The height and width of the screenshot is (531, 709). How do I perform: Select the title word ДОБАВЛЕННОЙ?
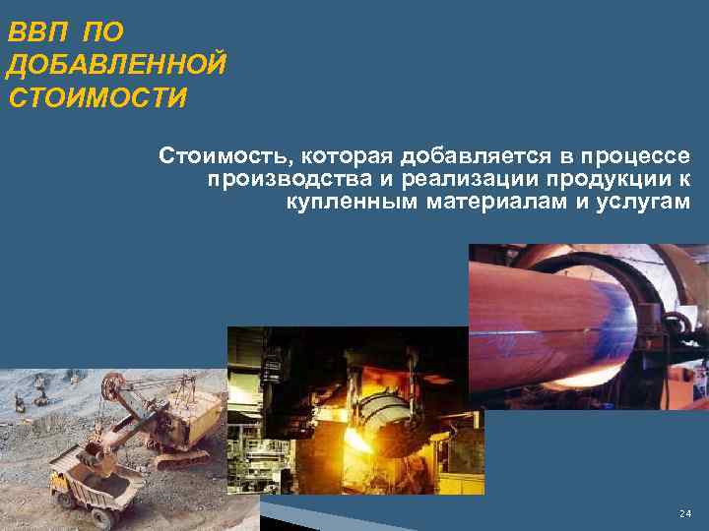[x=116, y=65]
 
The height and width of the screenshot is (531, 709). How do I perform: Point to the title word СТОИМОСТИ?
[x=97, y=98]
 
